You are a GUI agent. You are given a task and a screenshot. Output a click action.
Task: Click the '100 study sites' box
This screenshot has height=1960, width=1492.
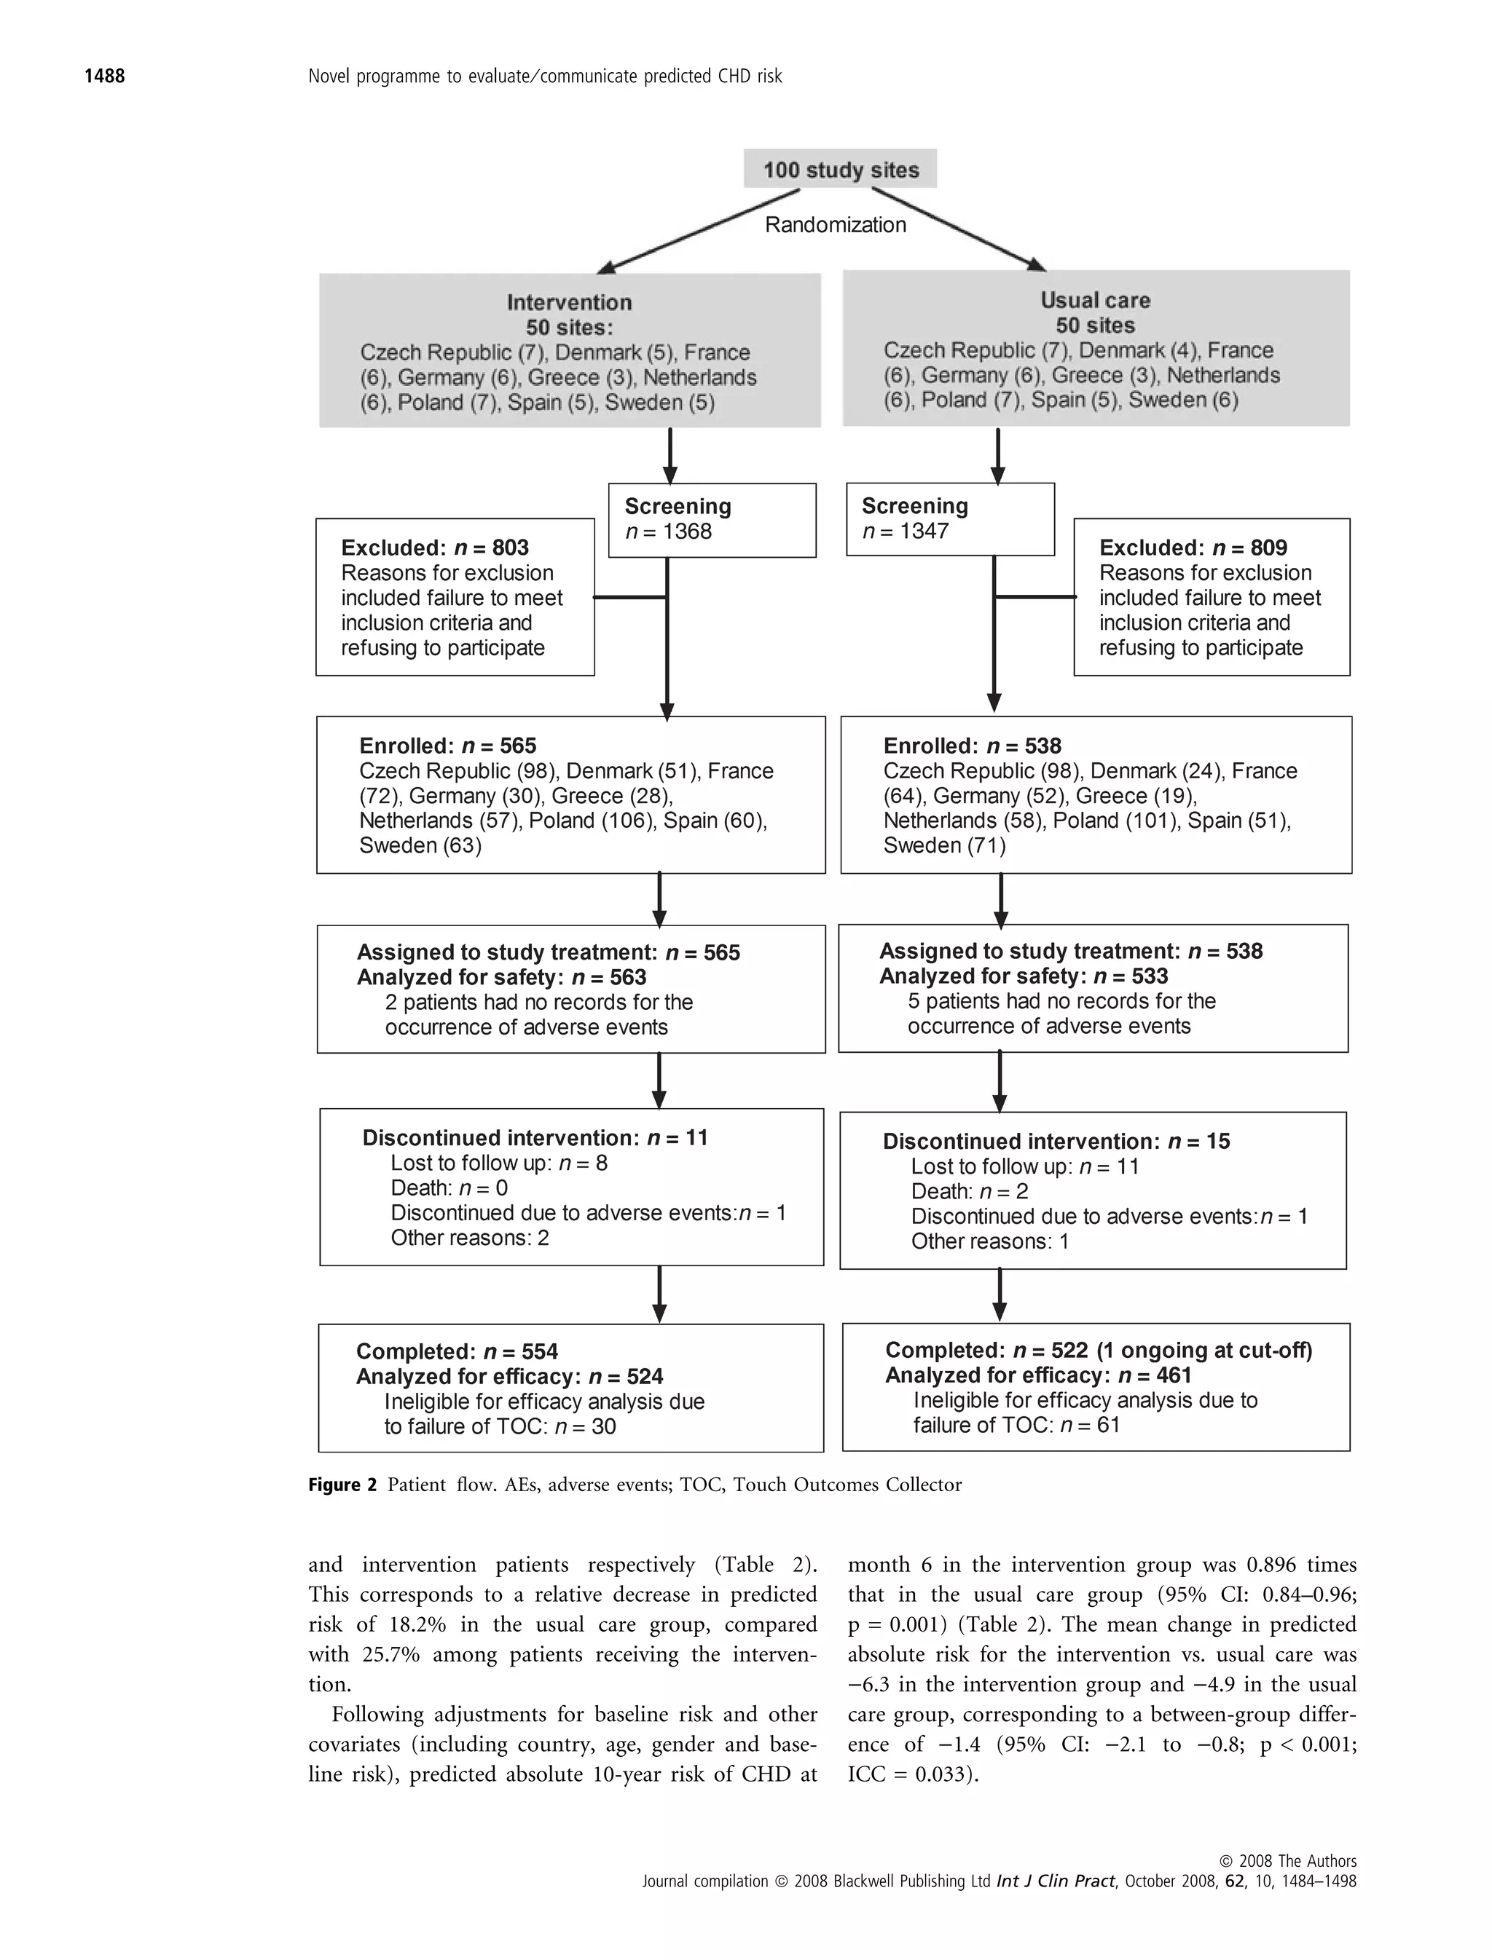840,169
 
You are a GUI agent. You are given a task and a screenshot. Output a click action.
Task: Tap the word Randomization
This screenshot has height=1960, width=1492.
835,224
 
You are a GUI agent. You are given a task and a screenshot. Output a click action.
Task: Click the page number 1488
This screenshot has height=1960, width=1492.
104,76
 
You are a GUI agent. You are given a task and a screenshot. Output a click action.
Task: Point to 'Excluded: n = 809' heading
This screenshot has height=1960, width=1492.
1193,548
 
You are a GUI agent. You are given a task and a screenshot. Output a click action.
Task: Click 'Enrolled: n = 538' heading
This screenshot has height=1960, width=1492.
972,746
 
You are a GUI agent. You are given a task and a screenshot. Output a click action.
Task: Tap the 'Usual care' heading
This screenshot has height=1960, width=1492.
1095,300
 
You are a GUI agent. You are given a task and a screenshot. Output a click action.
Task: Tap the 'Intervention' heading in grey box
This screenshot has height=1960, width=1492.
569,302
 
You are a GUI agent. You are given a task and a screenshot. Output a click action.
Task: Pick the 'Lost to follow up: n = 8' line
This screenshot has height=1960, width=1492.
498,1163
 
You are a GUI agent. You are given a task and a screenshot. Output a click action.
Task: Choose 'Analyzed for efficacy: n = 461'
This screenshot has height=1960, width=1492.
1037,1375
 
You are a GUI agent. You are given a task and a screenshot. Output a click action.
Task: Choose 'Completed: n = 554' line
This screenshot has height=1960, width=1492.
457,1351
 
